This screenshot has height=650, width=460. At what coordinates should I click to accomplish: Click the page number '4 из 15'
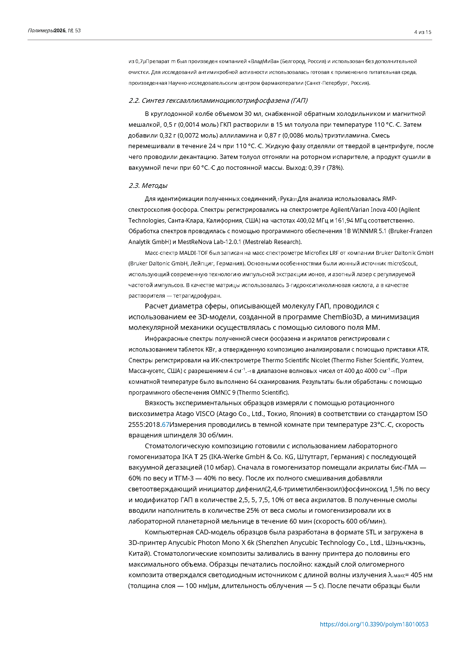point(423,32)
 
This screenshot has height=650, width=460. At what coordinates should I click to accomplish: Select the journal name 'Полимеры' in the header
point(41,31)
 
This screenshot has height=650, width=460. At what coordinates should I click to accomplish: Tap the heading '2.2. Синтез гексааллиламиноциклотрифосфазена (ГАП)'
point(218,101)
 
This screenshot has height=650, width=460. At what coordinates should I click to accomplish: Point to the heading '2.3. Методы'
point(148,185)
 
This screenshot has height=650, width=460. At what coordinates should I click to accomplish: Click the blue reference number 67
point(165,425)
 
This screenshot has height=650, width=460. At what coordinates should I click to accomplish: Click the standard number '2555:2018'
point(144,425)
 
